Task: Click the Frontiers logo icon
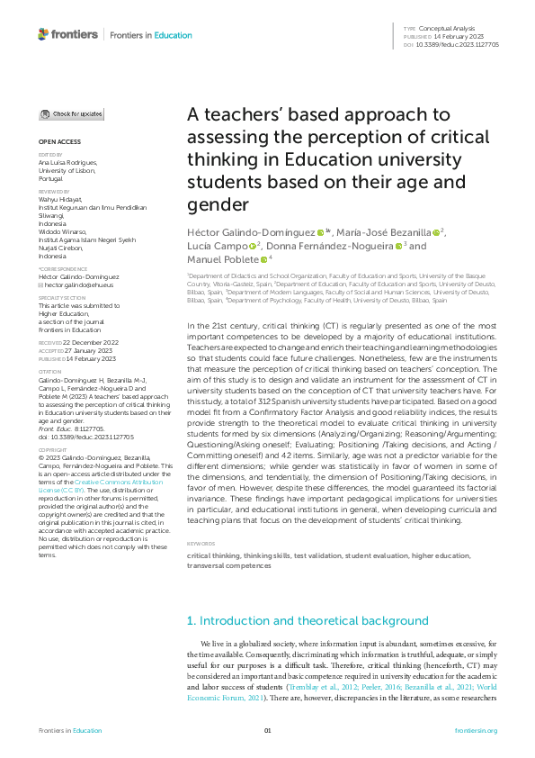[x=43, y=34]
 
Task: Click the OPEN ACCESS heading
[x=59, y=142]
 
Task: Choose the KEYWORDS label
[x=201, y=545]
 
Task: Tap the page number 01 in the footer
[x=267, y=730]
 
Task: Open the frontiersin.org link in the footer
[x=476, y=730]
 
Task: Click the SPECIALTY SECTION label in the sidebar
[x=62, y=297]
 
